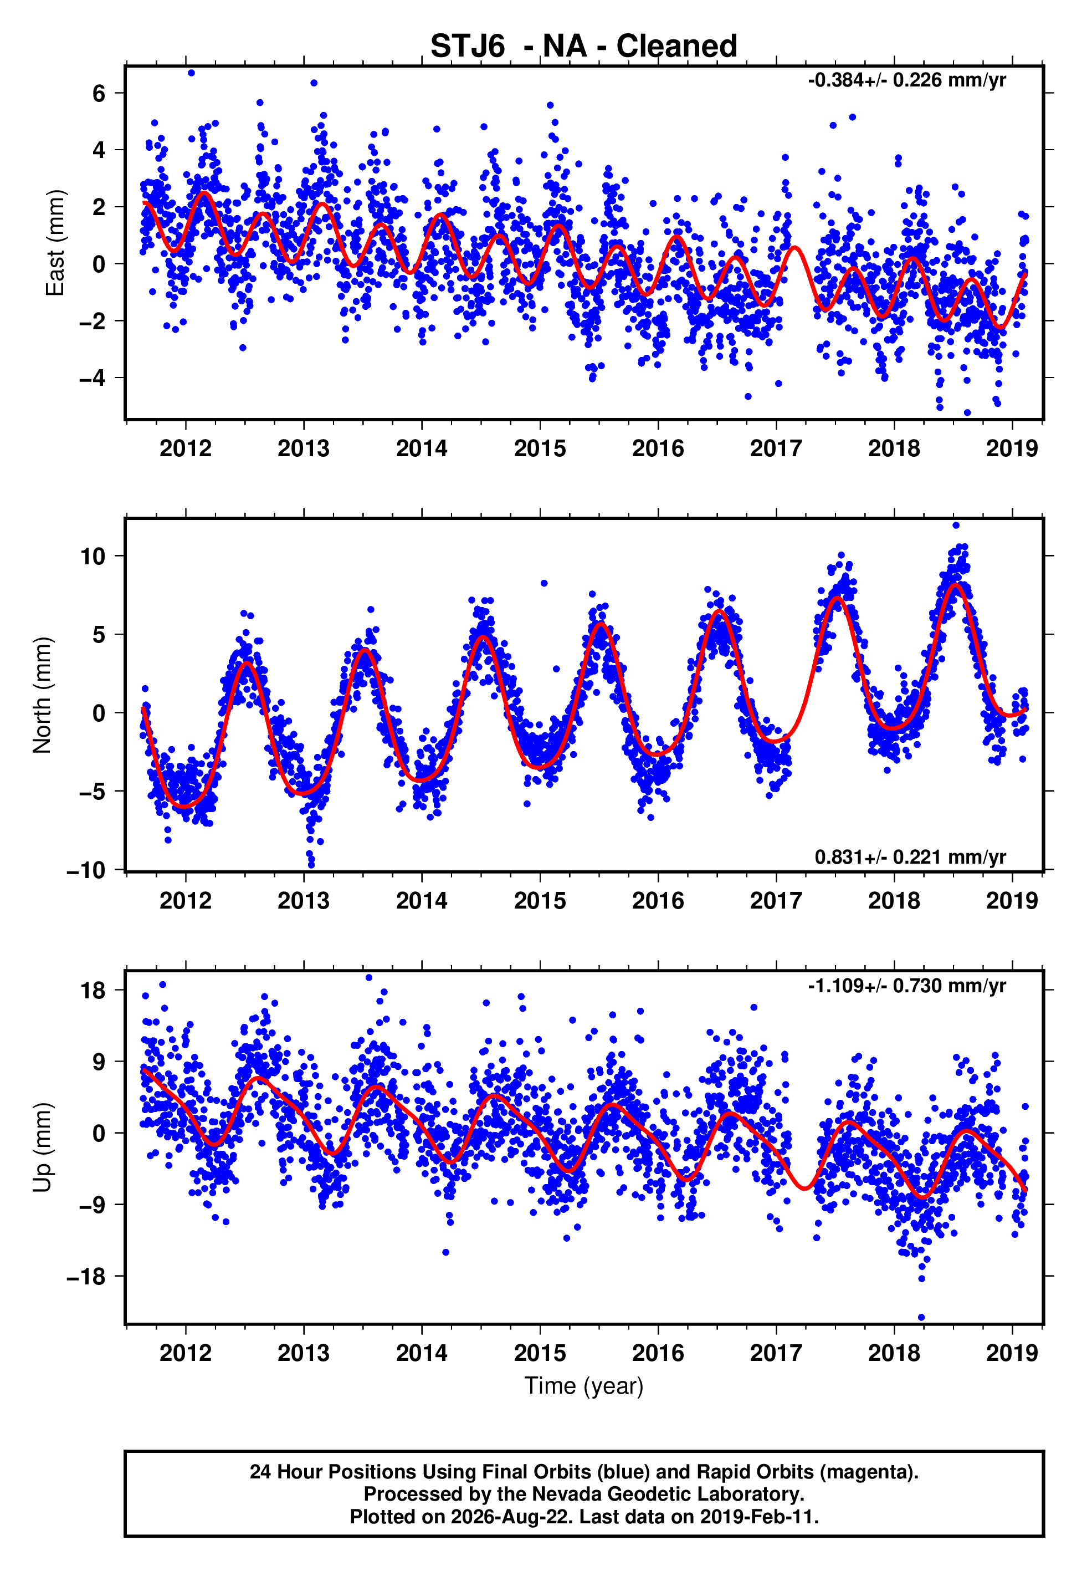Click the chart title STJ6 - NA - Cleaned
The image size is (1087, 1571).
tap(584, 47)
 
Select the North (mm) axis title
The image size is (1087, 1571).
tap(42, 695)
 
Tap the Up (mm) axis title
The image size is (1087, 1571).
tap(42, 1146)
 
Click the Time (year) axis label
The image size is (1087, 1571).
tap(584, 1386)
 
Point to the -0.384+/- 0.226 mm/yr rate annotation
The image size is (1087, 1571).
tap(906, 80)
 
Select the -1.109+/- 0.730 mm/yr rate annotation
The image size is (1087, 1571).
tap(906, 986)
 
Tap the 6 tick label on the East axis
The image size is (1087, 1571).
tap(99, 93)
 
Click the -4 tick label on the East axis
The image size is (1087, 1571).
tap(92, 378)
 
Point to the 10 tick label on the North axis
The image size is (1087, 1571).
tap(93, 557)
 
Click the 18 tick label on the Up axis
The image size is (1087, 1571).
tap(93, 990)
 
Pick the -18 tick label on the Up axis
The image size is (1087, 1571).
tap(86, 1276)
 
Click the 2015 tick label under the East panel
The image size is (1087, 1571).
tap(540, 448)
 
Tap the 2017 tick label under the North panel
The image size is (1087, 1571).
tap(776, 901)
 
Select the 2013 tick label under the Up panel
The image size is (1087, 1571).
tap(304, 1353)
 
